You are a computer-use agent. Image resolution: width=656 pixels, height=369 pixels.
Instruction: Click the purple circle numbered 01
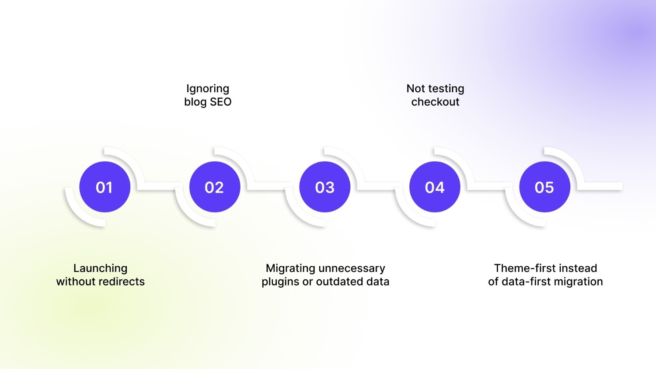[105, 187]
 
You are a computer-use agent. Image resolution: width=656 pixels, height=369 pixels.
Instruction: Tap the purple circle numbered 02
[215, 187]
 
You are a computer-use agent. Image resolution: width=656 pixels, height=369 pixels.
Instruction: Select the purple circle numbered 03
[325, 187]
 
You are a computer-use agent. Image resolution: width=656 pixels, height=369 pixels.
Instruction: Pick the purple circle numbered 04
[435, 187]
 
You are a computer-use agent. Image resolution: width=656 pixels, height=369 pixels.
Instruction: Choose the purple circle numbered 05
[545, 187]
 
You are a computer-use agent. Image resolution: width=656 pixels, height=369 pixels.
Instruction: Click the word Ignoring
[208, 89]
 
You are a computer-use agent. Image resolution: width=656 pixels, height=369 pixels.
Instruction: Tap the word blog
[195, 102]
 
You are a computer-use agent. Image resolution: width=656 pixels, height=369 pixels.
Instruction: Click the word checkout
[435, 101]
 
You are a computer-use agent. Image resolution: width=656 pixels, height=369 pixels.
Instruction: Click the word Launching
[100, 268]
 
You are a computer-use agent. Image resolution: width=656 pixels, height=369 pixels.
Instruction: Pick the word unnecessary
[352, 268]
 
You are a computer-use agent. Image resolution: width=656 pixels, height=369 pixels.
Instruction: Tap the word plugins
[281, 282]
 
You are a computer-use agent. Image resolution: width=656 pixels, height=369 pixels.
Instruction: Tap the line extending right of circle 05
[600, 186]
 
